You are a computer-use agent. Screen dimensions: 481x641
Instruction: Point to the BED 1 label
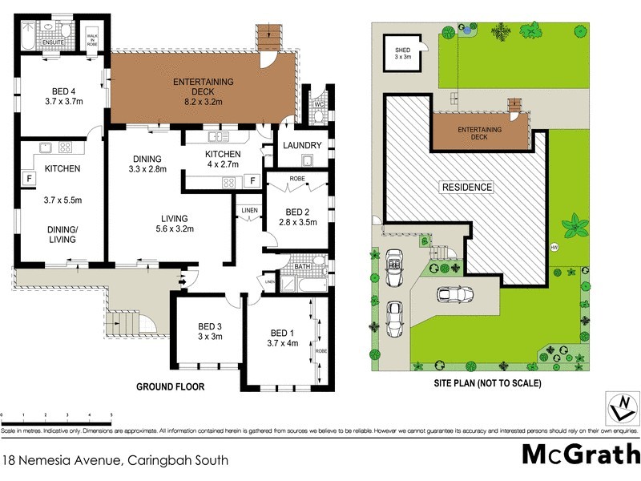pyautogui.click(x=282, y=333)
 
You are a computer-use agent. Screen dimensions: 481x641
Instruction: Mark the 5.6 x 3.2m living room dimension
pyautogui.click(x=174, y=229)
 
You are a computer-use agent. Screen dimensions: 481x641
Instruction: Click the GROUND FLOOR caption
pyautogui.click(x=170, y=386)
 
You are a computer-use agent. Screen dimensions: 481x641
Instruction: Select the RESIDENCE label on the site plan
pyautogui.click(x=467, y=187)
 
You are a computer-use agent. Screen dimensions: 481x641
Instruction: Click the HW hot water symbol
pyautogui.click(x=554, y=246)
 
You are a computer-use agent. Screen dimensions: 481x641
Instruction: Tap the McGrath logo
pyautogui.click(x=581, y=454)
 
